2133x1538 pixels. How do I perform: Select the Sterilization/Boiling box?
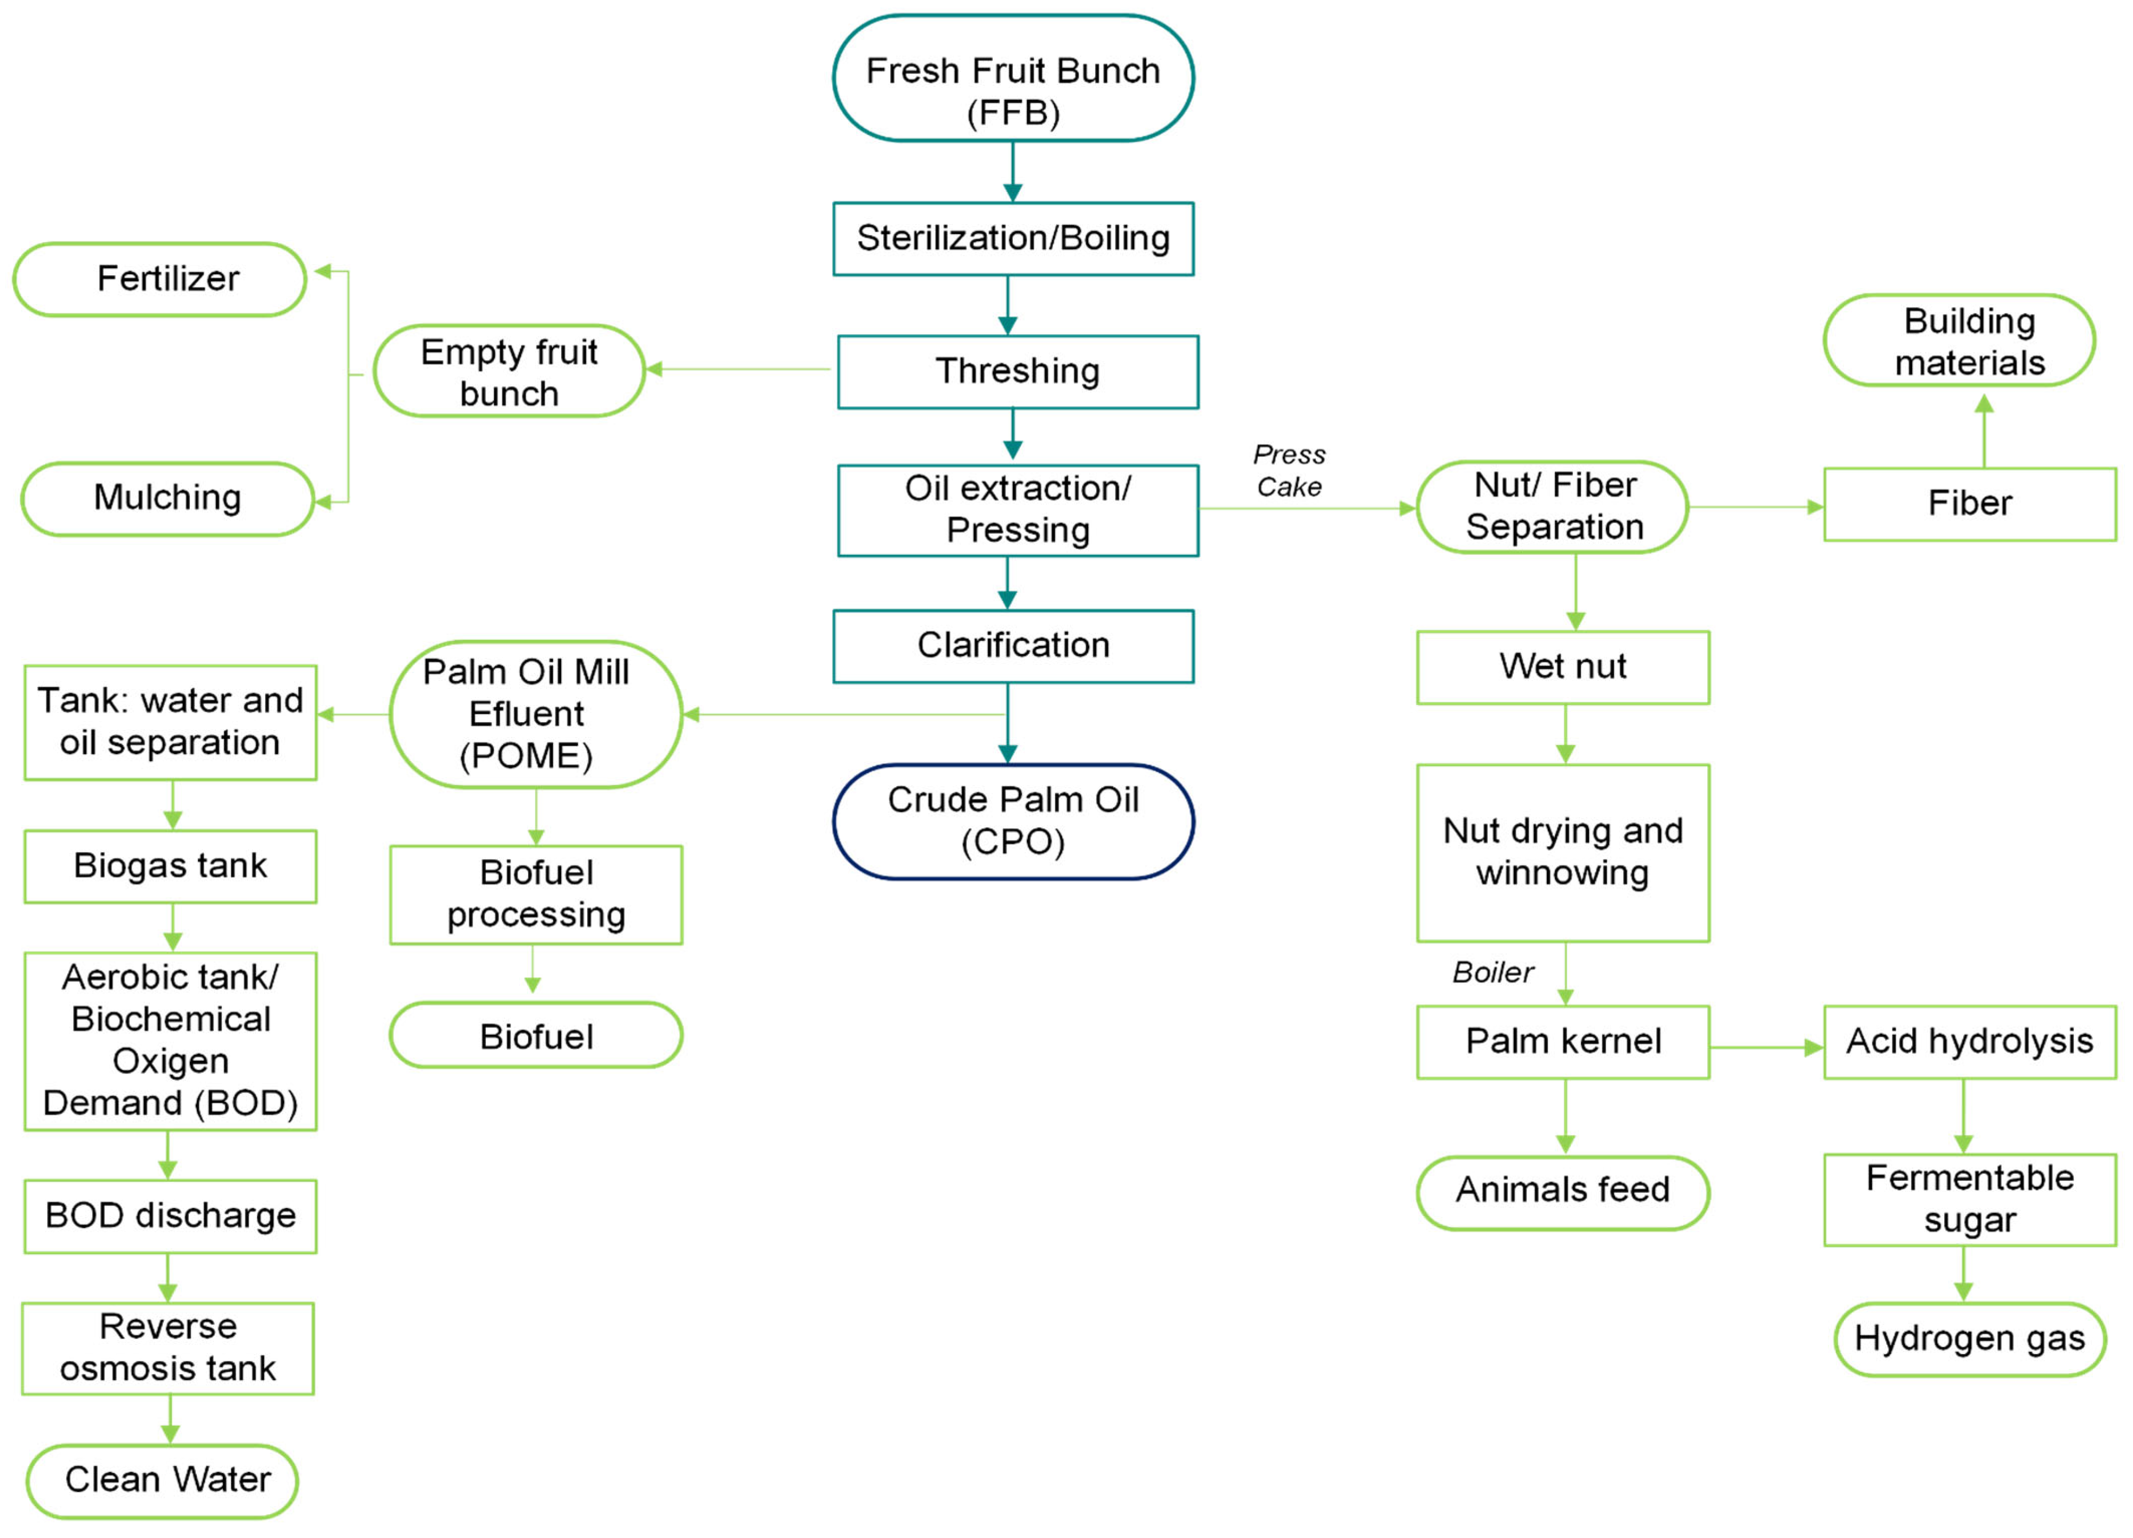pos(1013,239)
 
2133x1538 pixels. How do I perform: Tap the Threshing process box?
pos(1018,371)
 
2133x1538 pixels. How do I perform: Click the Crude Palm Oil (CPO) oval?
pos(1013,821)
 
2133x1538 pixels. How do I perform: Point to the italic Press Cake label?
pos(1289,470)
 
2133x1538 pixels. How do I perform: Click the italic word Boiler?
pos(1492,972)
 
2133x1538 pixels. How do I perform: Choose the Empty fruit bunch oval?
pos(509,371)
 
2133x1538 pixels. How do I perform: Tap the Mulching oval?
pos(167,498)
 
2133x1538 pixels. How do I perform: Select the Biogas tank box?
pos(170,866)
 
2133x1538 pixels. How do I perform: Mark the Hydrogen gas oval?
pos(1969,1339)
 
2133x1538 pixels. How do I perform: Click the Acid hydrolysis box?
pos(1969,1042)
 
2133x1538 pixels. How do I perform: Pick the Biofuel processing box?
pos(536,894)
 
